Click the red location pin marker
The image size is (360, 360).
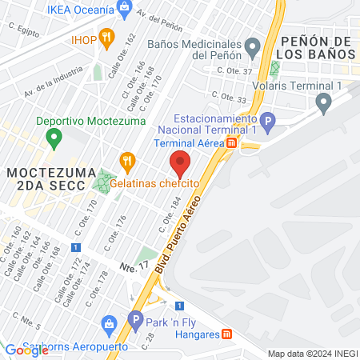[x=181, y=164]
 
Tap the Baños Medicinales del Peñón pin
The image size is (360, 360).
[x=253, y=47]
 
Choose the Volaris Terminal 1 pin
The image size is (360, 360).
[x=324, y=102]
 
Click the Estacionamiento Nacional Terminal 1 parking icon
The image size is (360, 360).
[x=269, y=122]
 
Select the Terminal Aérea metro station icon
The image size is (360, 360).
[x=231, y=143]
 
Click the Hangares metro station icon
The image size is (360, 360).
[x=227, y=334]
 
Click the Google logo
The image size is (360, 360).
[x=26, y=350]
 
